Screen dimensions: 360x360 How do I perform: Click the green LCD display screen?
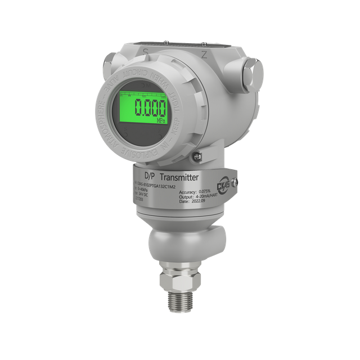coord(143,110)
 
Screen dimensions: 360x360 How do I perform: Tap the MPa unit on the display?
coord(160,120)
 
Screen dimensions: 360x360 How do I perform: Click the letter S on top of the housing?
coord(145,51)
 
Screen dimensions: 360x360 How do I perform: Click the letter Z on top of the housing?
coord(204,54)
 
